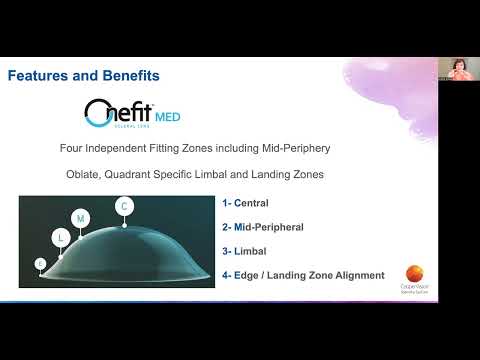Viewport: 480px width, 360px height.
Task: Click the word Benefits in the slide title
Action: pos(127,76)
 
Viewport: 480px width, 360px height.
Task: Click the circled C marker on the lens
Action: pos(125,207)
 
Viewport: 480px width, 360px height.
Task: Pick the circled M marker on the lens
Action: pos(81,218)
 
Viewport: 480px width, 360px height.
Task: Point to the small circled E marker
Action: pos(40,263)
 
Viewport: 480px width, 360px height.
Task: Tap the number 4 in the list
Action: pos(225,274)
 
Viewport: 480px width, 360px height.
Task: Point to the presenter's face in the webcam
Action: pos(459,69)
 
